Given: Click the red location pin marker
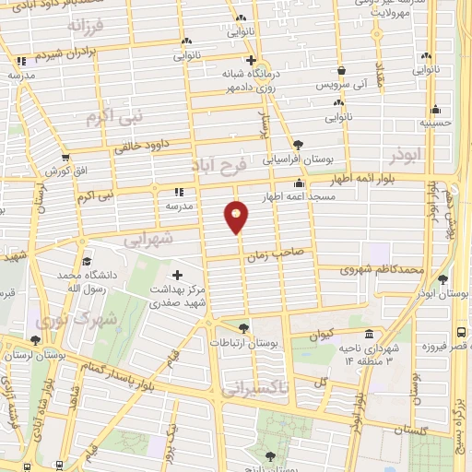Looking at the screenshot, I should click(x=237, y=218).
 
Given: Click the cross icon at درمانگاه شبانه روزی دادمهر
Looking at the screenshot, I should click(x=250, y=60).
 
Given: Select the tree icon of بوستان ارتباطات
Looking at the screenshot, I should click(x=243, y=327).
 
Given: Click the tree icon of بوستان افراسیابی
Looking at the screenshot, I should click(x=297, y=144).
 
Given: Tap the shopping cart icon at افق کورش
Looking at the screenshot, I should click(x=65, y=159).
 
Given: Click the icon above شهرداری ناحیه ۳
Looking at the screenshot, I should click(x=369, y=334).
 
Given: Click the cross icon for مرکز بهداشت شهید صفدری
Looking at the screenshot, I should click(x=178, y=274).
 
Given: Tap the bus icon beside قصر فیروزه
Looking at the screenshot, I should click(x=460, y=332).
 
